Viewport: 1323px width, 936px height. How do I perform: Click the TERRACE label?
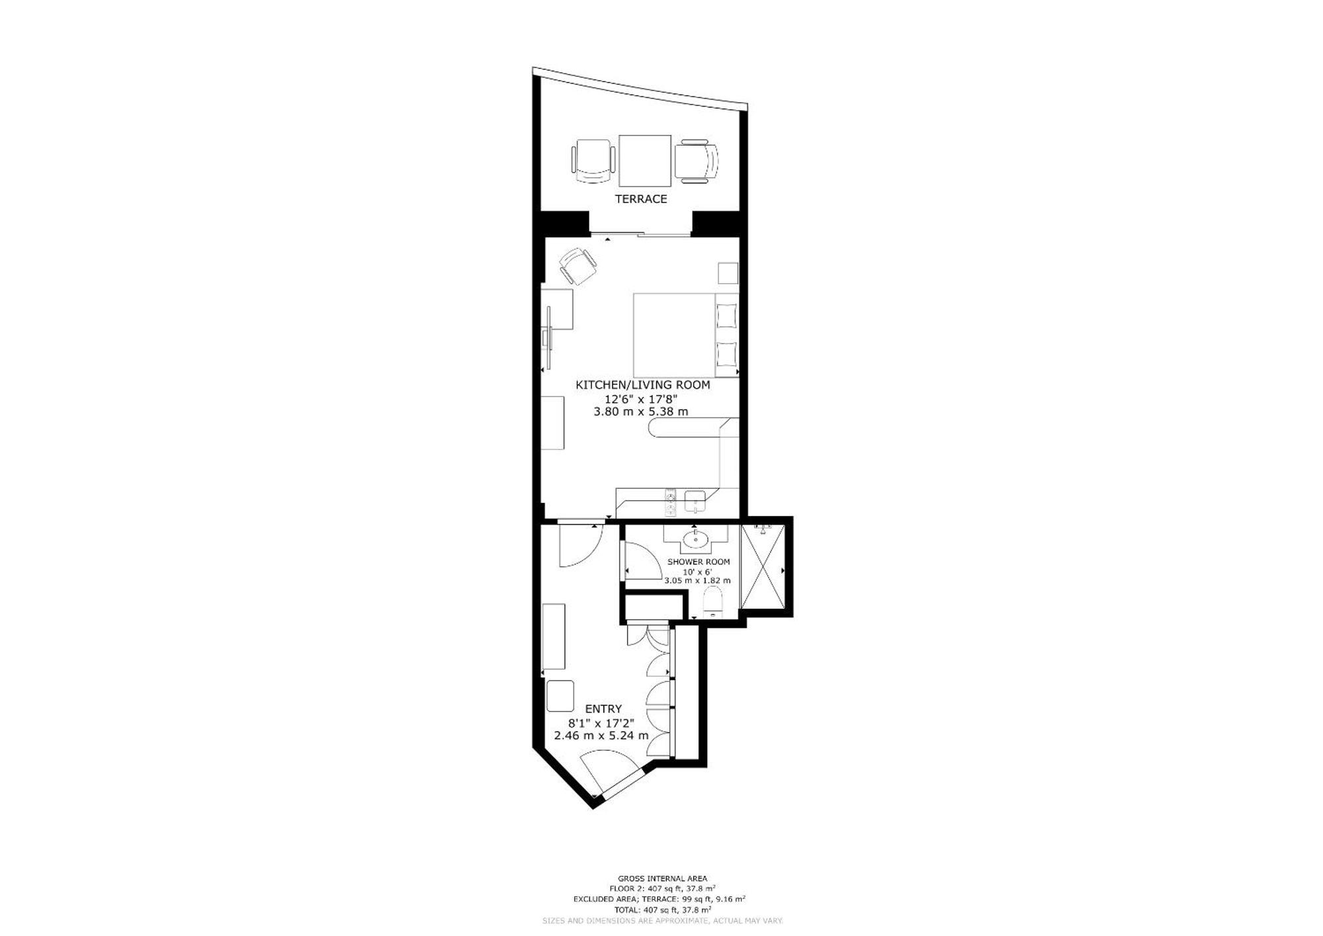(x=640, y=199)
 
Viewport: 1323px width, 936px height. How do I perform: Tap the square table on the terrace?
(x=645, y=161)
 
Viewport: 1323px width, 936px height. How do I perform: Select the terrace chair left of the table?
(x=594, y=161)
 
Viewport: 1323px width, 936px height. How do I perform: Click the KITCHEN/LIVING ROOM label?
(x=643, y=385)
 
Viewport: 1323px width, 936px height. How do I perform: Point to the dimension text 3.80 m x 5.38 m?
(x=641, y=411)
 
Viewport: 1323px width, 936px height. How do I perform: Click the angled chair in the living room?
(x=578, y=266)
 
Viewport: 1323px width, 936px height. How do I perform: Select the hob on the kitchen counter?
(x=670, y=502)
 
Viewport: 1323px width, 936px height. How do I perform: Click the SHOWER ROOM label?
(x=699, y=562)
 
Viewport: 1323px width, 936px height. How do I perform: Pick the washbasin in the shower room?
(x=695, y=540)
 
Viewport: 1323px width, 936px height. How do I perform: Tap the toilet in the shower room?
(x=712, y=601)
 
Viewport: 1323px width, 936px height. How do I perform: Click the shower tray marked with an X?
(x=763, y=566)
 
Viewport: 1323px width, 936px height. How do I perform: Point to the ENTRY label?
(x=603, y=709)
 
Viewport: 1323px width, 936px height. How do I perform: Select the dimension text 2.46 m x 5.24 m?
(x=601, y=736)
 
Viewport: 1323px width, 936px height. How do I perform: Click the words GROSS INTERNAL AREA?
(x=662, y=879)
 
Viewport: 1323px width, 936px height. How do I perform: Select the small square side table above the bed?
(x=728, y=273)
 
